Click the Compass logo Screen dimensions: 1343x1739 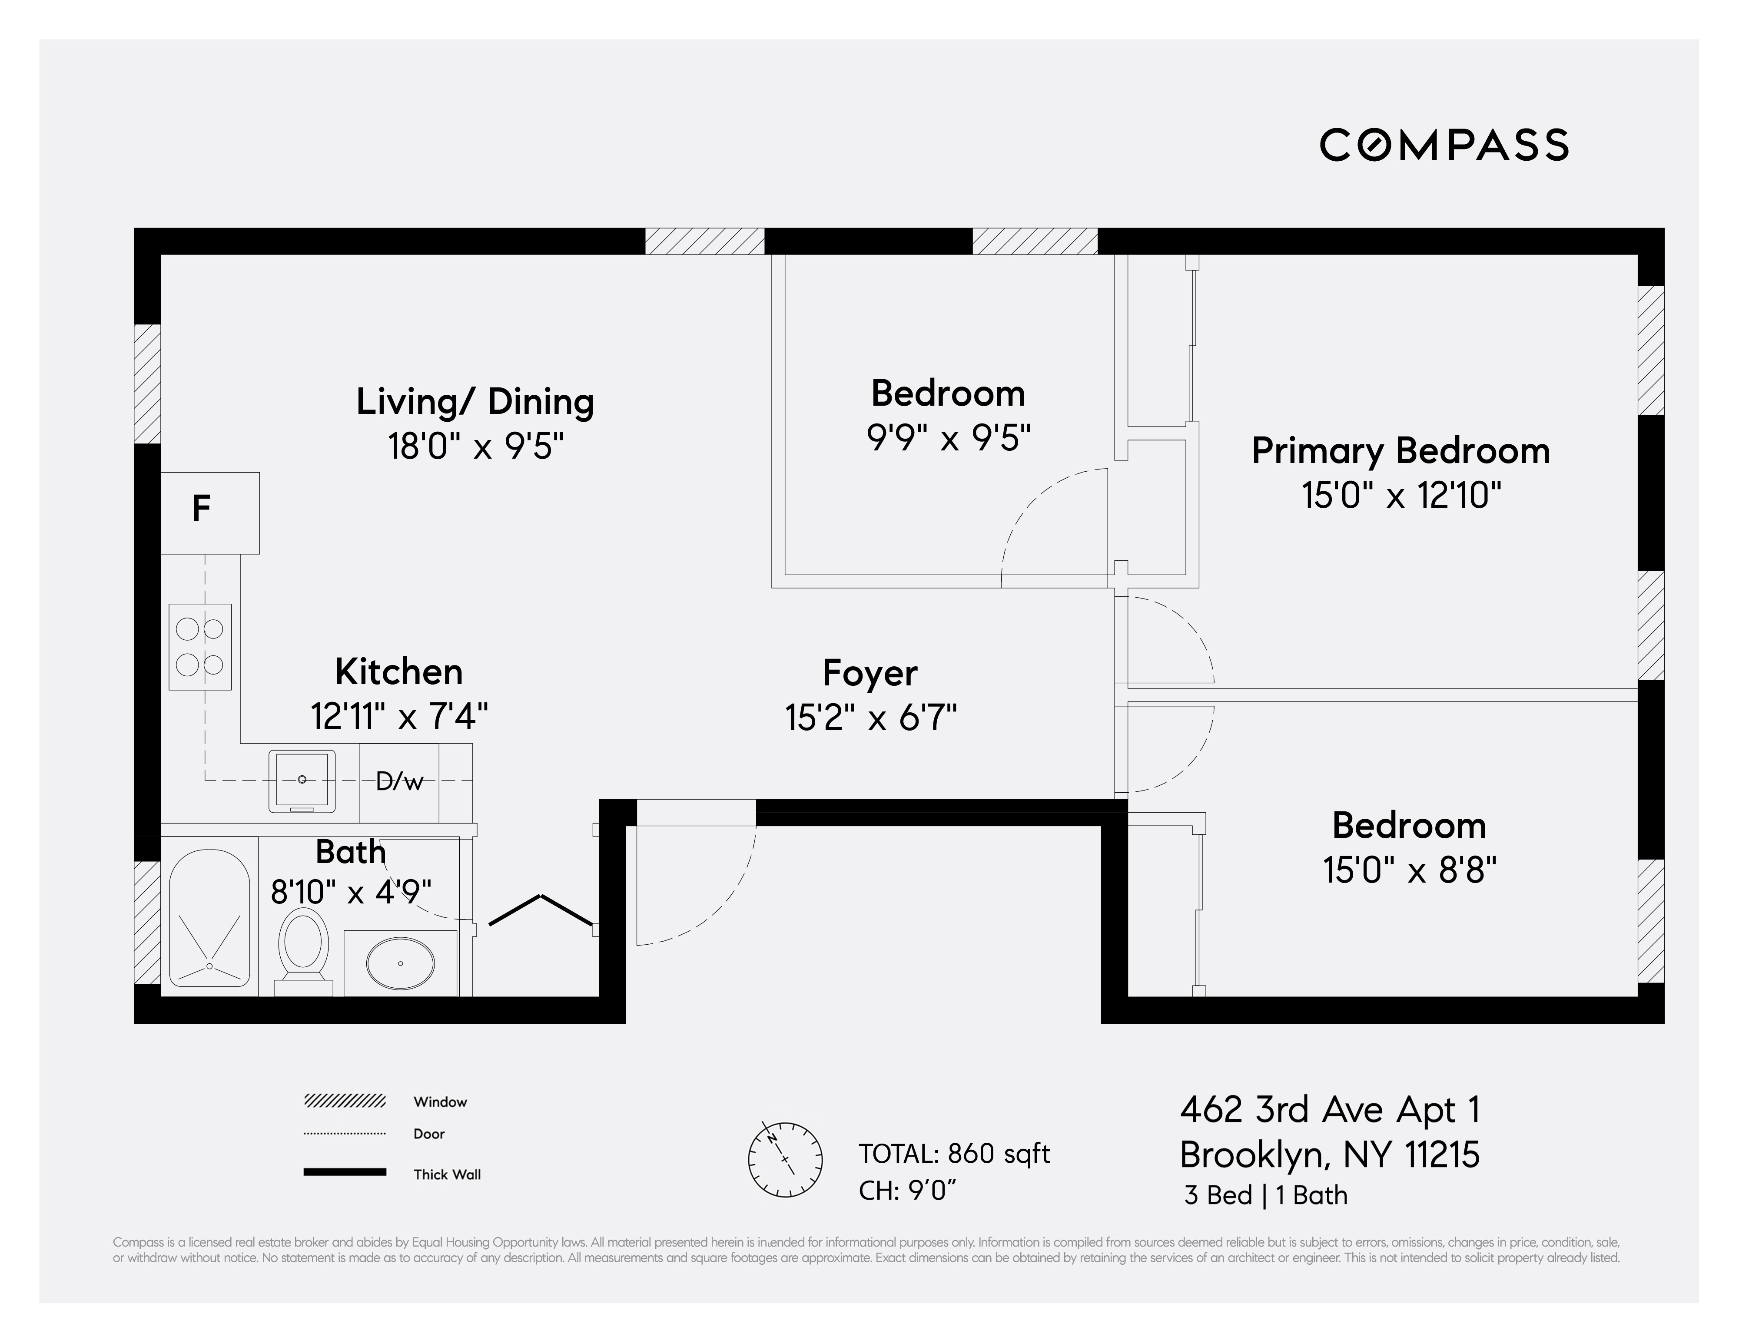click(1444, 145)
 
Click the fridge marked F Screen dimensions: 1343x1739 click(209, 512)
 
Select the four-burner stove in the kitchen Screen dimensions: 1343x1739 click(200, 646)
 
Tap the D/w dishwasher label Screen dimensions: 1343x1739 click(399, 782)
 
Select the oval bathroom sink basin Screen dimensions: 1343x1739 click(401, 963)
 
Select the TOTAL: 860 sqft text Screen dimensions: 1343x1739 click(954, 1154)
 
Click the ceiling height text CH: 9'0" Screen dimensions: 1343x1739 click(907, 1191)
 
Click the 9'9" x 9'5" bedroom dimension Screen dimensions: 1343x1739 click(948, 438)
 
